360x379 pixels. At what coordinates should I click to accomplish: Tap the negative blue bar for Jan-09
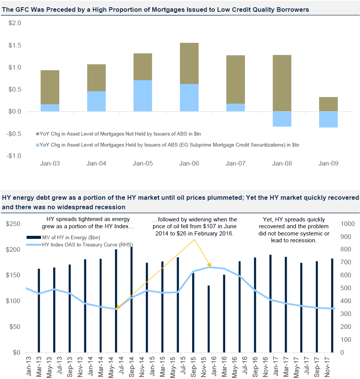point(328,119)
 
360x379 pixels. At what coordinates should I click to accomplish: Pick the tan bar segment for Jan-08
point(282,83)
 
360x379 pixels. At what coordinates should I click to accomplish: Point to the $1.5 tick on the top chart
point(15,46)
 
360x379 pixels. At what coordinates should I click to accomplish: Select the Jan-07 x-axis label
point(235,164)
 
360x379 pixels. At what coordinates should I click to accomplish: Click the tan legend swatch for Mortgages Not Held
point(37,134)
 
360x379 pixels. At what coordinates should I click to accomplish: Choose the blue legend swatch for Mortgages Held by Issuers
point(37,145)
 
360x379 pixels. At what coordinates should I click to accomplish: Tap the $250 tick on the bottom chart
point(13,224)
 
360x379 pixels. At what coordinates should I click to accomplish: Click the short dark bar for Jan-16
point(208,319)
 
